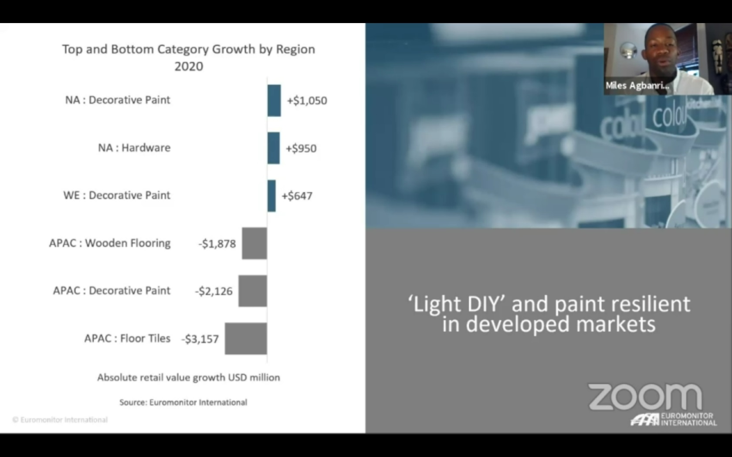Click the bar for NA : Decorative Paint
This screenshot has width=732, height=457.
(274, 101)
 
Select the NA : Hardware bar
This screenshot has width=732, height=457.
(274, 148)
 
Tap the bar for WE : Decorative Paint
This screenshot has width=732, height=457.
(271, 195)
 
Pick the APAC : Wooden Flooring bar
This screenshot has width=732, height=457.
(254, 243)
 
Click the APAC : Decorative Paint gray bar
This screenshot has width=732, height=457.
(253, 291)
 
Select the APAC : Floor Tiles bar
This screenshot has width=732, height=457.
(246, 339)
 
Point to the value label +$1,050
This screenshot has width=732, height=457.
(307, 101)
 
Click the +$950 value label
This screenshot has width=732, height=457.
(301, 148)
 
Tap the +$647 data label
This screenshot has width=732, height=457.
(297, 196)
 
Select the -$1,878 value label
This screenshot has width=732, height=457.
(217, 244)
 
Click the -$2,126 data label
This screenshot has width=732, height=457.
(213, 291)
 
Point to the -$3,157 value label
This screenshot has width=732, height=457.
(200, 339)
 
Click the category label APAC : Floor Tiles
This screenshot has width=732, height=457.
(127, 338)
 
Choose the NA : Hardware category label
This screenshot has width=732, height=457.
(134, 148)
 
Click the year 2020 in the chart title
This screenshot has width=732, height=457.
(189, 66)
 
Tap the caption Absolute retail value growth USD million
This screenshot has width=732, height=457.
(189, 377)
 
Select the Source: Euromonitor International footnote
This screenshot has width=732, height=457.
(183, 402)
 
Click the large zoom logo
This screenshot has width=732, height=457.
(645, 397)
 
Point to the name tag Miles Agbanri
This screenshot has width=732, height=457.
(637, 85)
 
